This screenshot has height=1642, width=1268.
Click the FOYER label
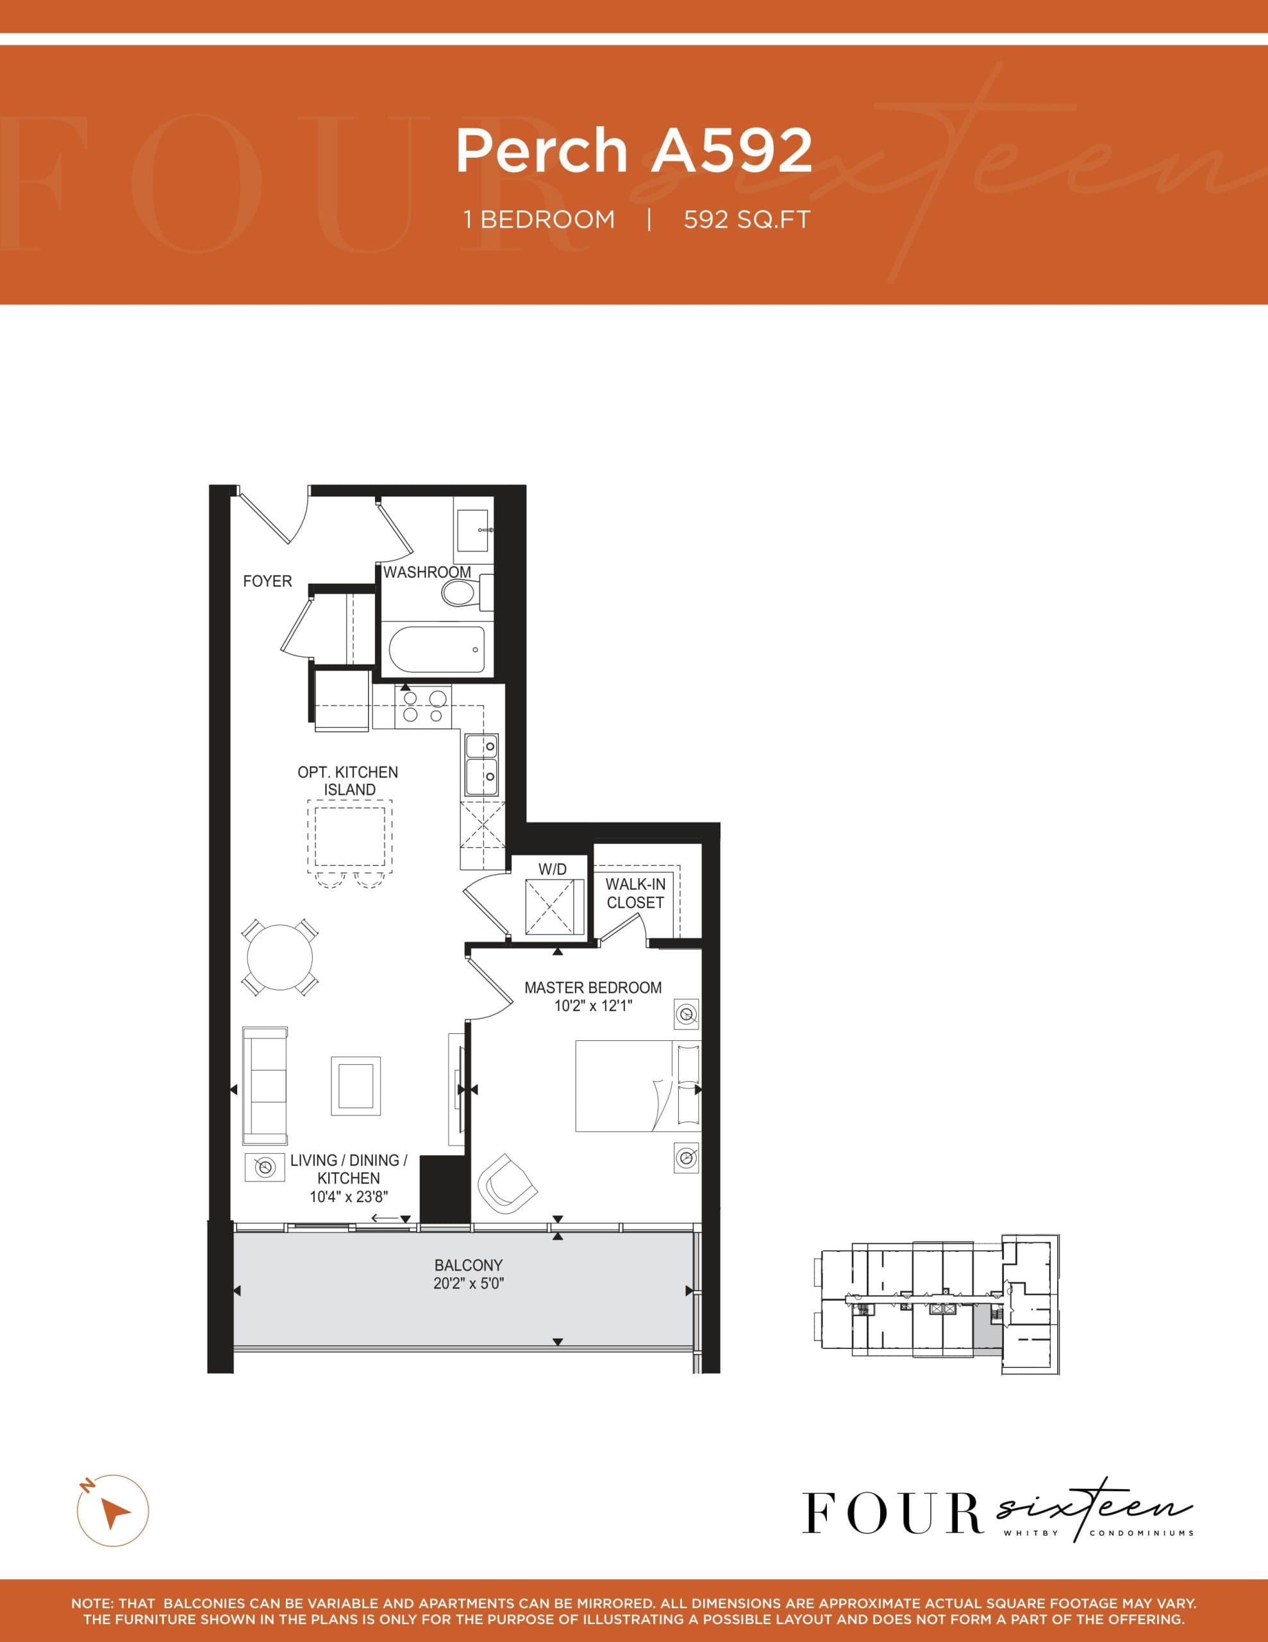pos(267,581)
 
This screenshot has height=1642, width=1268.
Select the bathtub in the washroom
pos(437,650)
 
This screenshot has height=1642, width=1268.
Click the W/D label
pos(553,869)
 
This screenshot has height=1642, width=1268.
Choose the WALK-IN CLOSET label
pos(635,893)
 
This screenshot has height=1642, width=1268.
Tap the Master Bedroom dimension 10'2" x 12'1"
pos(593,1006)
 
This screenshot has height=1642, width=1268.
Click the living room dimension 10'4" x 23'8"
pos(349,1197)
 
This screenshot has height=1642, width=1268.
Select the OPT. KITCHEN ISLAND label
pos(348,781)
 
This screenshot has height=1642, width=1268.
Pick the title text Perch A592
pos(633,149)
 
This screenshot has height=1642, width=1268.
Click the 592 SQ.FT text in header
pos(746,219)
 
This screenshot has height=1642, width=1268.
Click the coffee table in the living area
pos(356,1086)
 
